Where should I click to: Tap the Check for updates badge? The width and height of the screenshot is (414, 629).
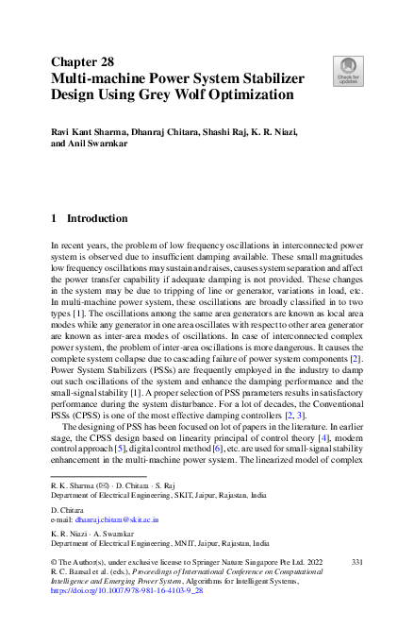(x=346, y=70)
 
